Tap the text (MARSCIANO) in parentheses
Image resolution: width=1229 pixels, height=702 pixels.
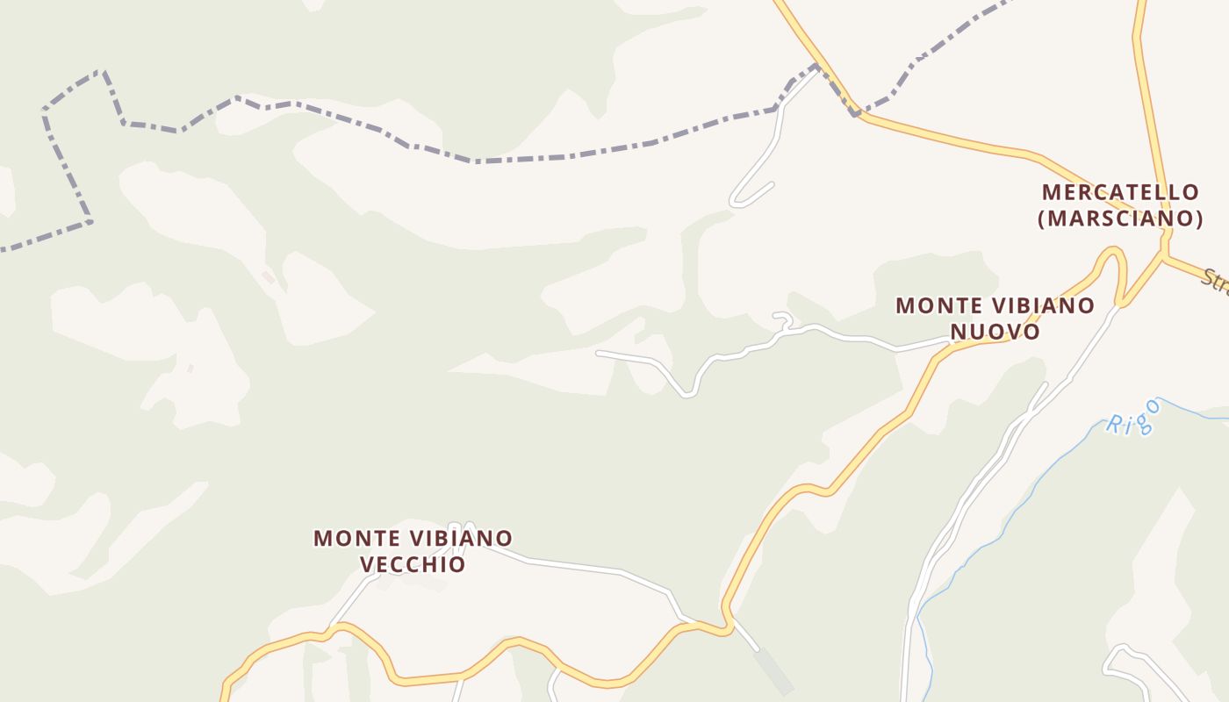[x=1120, y=218]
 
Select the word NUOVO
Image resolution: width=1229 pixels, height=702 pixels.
[x=995, y=332]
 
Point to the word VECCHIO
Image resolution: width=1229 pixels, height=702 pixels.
[x=413, y=564]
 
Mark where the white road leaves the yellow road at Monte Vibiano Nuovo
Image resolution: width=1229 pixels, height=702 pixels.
[x=948, y=343]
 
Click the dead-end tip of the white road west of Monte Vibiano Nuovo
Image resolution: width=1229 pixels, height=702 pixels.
[x=598, y=353]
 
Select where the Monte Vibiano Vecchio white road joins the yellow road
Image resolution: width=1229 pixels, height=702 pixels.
[x=334, y=627]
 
